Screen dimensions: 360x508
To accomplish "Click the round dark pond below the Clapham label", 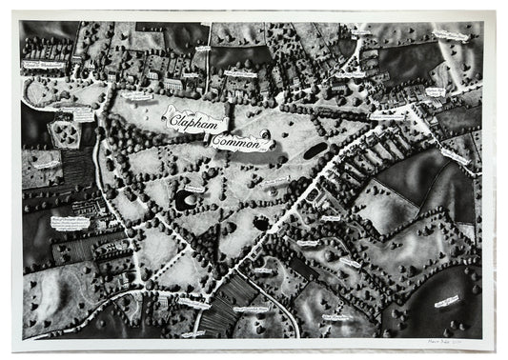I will [183, 199].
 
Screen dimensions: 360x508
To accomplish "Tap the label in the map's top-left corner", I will [44, 65].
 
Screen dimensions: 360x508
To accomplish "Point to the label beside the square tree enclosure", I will [83, 113].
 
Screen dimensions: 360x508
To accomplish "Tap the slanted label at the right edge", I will [455, 154].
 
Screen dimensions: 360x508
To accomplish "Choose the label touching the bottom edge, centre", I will [222, 333].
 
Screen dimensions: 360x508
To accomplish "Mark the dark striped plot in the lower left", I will [76, 166].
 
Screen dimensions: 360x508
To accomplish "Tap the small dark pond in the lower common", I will [259, 225].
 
